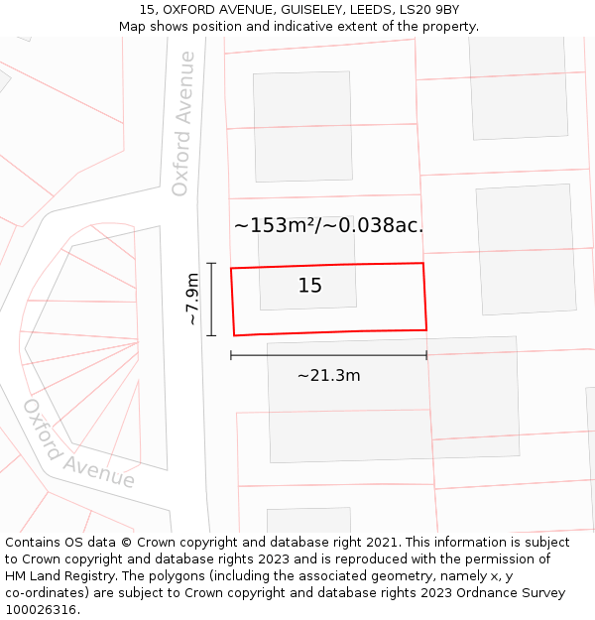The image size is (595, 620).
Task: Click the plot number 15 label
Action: pos(309,286)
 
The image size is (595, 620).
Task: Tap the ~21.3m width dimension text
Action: pos(328,375)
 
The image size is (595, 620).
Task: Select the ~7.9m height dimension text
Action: pos(192,300)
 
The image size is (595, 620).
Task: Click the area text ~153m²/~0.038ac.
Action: pos(328,225)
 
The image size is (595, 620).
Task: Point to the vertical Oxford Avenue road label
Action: pos(181,123)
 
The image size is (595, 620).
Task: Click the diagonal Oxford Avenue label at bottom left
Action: pos(78,443)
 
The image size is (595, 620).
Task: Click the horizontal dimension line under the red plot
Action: pos(328,354)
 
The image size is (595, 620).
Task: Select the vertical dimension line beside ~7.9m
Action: pos(211,300)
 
